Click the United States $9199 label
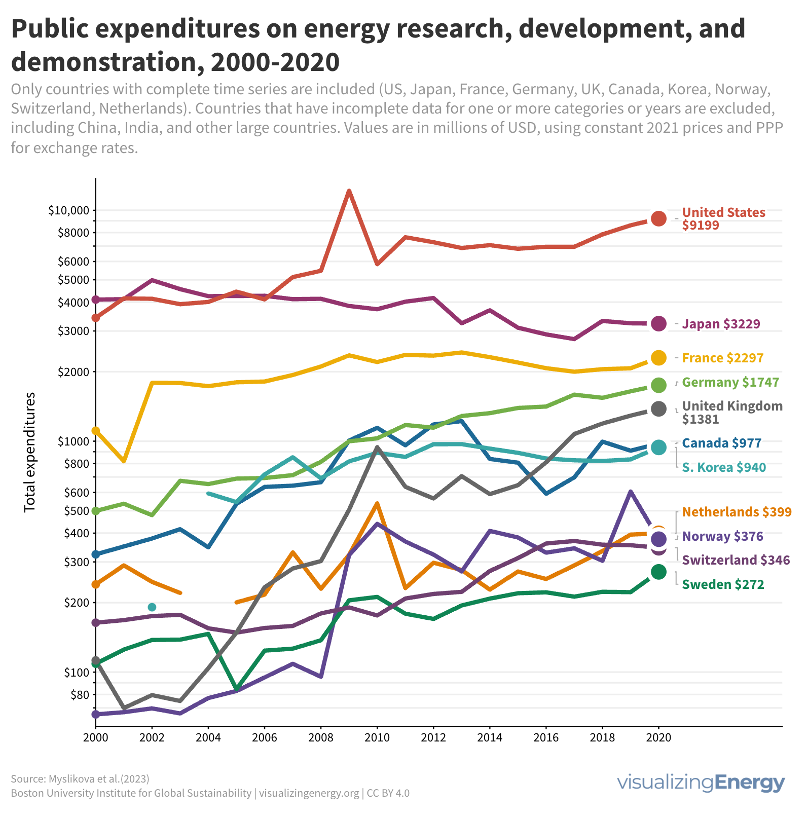point(723,218)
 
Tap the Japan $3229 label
point(721,324)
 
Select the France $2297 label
point(722,358)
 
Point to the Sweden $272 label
point(723,584)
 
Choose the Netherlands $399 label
point(737,512)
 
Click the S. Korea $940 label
point(724,467)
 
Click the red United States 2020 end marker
point(658,219)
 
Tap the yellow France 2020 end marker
point(658,357)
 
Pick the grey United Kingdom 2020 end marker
point(658,409)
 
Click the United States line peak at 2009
point(349,191)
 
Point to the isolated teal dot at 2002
point(152,607)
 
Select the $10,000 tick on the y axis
point(68,210)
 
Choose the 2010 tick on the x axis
point(377,737)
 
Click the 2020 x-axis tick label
point(658,737)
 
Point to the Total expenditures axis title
point(30,452)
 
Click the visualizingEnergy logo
point(701,783)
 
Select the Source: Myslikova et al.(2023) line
point(80,778)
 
